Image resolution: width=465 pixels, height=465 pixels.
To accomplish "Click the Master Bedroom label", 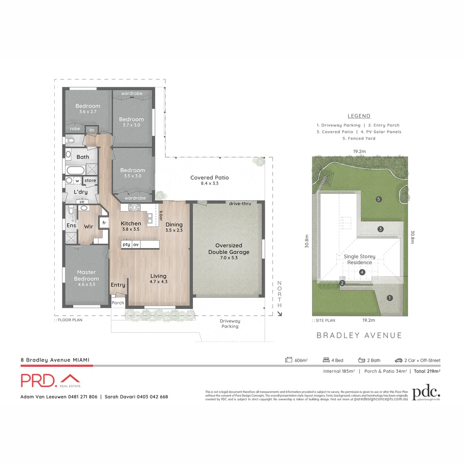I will click(x=87, y=275).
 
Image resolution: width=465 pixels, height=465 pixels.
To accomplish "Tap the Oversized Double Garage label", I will click(x=229, y=249).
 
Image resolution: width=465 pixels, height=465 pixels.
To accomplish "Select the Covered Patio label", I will click(x=209, y=177).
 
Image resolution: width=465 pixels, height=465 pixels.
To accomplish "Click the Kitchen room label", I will click(x=130, y=223).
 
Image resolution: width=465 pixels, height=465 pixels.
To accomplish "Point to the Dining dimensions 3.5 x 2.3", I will click(x=174, y=230).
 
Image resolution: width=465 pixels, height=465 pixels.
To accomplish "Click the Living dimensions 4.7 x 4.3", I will click(x=158, y=282).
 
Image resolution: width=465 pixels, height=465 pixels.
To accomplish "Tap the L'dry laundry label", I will click(x=81, y=192).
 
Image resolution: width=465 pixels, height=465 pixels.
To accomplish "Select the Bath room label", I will click(x=83, y=157).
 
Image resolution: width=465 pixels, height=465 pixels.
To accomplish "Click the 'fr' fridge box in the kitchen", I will click(x=104, y=223).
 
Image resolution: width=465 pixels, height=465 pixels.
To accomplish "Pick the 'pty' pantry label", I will click(x=126, y=245).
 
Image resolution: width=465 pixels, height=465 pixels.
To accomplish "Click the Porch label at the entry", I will click(x=118, y=303).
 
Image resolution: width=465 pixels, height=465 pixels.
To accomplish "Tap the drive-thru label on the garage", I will click(x=240, y=203).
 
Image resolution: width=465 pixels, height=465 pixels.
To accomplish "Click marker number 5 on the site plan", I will click(x=378, y=199).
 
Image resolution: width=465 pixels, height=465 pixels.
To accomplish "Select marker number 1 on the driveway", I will click(x=390, y=298).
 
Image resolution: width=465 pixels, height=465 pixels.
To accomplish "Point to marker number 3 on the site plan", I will click(x=380, y=229).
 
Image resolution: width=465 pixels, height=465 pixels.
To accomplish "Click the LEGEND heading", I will click(x=359, y=116).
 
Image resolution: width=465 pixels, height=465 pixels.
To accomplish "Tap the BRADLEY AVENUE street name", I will click(x=359, y=335).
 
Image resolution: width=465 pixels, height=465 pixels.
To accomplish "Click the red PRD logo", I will click(x=50, y=380).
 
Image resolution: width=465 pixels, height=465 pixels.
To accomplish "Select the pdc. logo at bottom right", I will click(x=426, y=393).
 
